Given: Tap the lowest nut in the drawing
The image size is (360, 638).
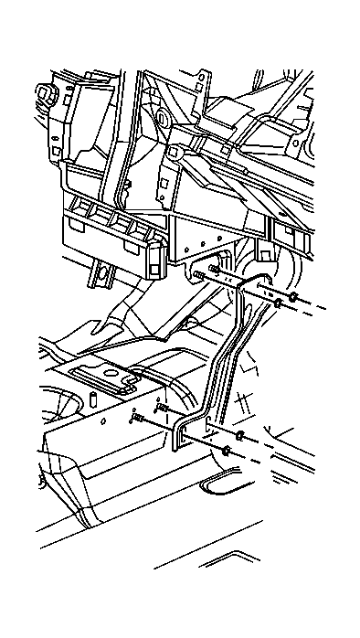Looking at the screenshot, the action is pos(225,452).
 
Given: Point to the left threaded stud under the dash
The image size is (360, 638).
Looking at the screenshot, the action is pos(198,276).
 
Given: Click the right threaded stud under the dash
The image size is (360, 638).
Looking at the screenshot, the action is pos(215,269).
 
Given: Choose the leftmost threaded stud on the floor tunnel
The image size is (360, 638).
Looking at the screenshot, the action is pos(138,419).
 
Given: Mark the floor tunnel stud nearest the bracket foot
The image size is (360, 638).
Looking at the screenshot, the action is pos(163,409).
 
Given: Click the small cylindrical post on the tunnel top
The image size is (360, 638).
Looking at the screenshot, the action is pos(94,399).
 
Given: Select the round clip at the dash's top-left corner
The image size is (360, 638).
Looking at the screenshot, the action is pos(42,92).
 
